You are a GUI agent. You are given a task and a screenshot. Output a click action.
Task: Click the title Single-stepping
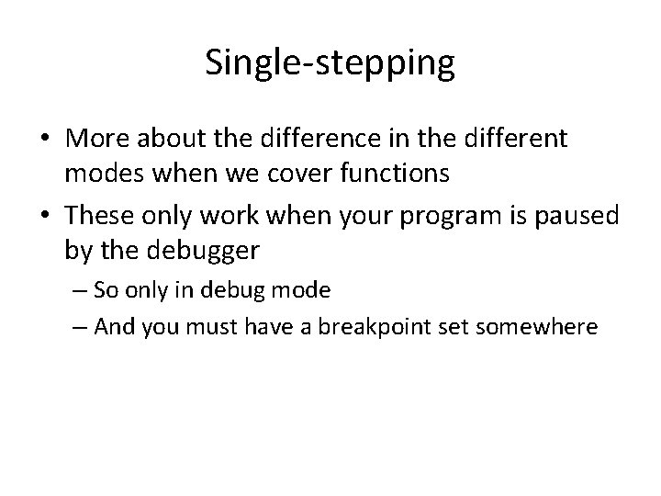pyautogui.click(x=330, y=62)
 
